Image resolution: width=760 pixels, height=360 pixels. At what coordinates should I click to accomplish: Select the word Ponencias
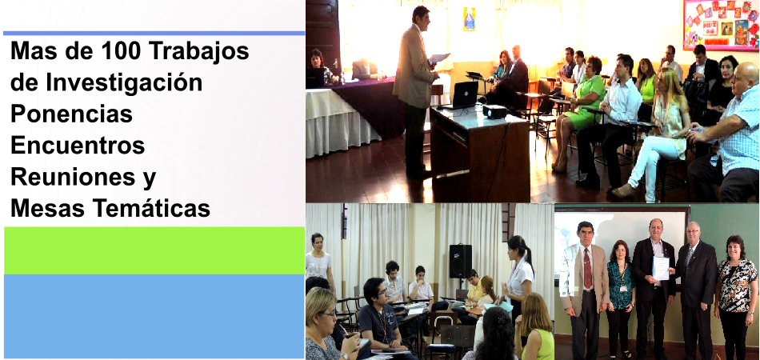[72, 114]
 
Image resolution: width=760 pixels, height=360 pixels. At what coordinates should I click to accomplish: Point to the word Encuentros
[78, 146]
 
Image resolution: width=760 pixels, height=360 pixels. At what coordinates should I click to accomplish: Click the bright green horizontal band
[154, 250]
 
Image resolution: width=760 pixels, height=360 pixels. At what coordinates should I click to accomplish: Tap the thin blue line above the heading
[154, 34]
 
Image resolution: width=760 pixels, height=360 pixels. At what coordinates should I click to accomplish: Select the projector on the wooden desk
[494, 111]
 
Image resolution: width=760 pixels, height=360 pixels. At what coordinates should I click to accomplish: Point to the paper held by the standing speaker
[440, 58]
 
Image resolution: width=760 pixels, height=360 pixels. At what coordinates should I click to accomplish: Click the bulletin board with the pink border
[721, 25]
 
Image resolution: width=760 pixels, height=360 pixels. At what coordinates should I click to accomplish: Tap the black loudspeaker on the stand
[461, 261]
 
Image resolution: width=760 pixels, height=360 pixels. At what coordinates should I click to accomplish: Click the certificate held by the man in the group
[661, 268]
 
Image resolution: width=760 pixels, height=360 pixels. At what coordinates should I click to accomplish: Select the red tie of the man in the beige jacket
[587, 268]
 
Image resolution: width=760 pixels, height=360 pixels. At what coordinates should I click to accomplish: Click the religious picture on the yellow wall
[469, 19]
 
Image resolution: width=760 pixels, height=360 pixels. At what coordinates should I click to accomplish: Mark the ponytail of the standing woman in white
[527, 254]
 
